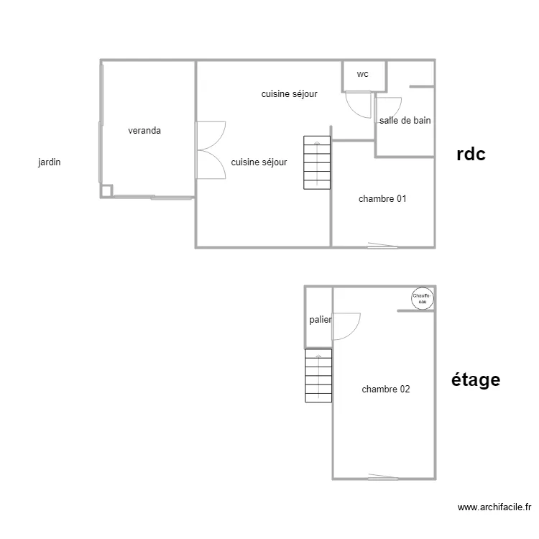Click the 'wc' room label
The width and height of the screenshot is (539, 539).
click(x=362, y=74)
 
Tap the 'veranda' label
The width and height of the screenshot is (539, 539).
click(x=144, y=131)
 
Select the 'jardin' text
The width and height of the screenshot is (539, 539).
click(x=50, y=162)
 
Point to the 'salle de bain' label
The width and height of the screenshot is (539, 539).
click(x=405, y=121)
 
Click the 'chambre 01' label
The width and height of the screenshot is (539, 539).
click(x=382, y=199)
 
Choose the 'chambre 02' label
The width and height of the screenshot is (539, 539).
click(x=386, y=390)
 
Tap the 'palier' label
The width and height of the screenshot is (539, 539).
click(x=321, y=320)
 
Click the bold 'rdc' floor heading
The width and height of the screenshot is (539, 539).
click(x=471, y=154)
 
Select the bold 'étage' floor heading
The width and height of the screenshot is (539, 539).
click(x=476, y=379)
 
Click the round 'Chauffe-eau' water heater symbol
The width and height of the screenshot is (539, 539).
click(x=422, y=298)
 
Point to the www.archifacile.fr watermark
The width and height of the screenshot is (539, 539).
click(x=495, y=507)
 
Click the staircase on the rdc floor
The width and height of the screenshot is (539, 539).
click(x=317, y=162)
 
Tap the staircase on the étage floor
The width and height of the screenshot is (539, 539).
click(x=318, y=376)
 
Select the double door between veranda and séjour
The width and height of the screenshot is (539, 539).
click(x=211, y=149)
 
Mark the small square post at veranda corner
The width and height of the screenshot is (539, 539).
click(x=106, y=190)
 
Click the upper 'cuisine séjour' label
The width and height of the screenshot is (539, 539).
click(x=289, y=94)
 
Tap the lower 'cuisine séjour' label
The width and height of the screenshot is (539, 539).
click(x=259, y=162)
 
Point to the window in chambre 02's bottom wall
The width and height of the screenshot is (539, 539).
click(x=382, y=477)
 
